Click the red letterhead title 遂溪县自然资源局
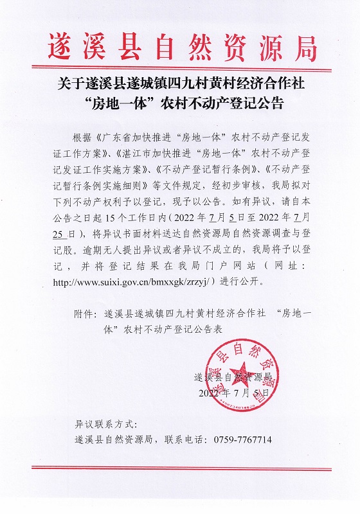(x=182, y=44)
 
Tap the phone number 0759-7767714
(x=238, y=440)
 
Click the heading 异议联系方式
(x=104, y=425)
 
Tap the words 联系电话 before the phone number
(x=182, y=440)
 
